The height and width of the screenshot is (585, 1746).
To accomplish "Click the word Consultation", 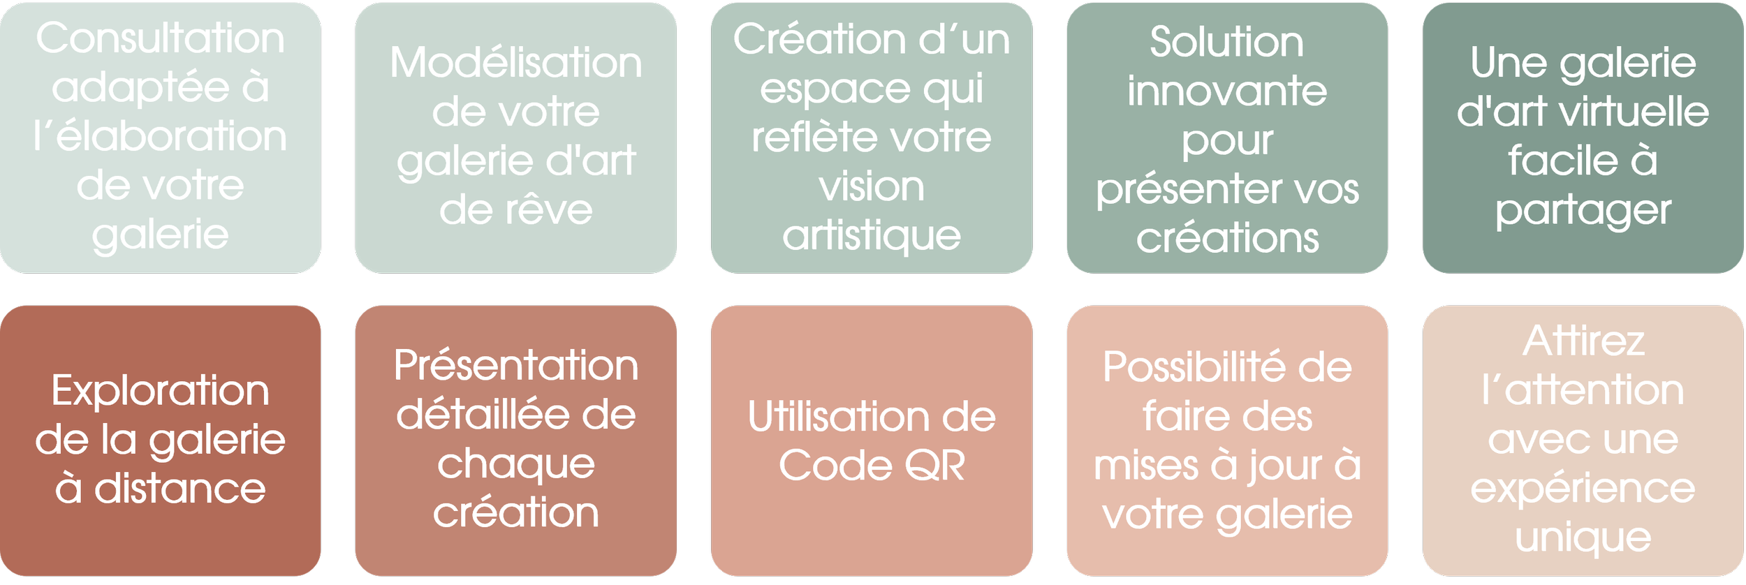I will pos(160,38).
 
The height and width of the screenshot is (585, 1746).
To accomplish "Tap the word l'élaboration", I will pos(160,136).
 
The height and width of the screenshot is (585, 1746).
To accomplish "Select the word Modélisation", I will pos(515,63).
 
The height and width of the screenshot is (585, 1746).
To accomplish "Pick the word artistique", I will pos(871,236).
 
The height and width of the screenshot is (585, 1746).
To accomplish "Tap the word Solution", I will pos(1226,42).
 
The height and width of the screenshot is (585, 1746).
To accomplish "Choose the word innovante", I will pos(1226,91).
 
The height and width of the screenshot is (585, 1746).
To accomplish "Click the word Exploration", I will pos(160,390).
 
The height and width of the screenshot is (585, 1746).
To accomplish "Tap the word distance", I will pos(180,489).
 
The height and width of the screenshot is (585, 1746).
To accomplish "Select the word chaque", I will pos(515,465).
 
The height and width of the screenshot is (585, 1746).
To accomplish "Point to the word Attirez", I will pos(1583,341).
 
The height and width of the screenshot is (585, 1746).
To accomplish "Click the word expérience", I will pos(1583,489).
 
